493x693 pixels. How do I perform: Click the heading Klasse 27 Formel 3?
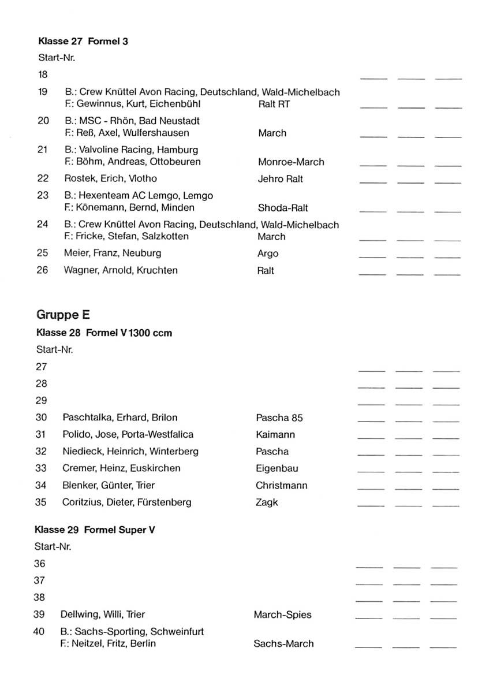coord(83,41)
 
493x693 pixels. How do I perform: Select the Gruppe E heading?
coord(63,315)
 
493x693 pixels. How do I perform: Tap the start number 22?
coord(43,178)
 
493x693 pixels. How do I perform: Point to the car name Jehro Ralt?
coord(280,179)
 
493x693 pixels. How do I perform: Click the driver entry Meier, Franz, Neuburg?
coord(113,253)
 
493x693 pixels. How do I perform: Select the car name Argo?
coord(268,254)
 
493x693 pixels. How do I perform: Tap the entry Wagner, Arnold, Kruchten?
coord(121,270)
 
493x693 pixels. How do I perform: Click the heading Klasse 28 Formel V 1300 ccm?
coord(104,333)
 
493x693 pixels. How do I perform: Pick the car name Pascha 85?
coord(279,418)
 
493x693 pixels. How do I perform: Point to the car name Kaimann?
coord(275,434)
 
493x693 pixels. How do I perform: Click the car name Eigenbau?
coord(277,468)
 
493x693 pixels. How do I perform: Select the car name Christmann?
coord(282,486)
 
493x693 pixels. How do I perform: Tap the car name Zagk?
coord(267,502)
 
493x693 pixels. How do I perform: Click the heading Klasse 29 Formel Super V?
coord(95,530)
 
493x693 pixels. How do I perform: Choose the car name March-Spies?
coord(282,614)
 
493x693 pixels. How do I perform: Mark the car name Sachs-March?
coord(283,643)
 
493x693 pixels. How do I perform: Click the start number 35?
coord(40,502)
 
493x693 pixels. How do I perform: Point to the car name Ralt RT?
coord(274,105)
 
